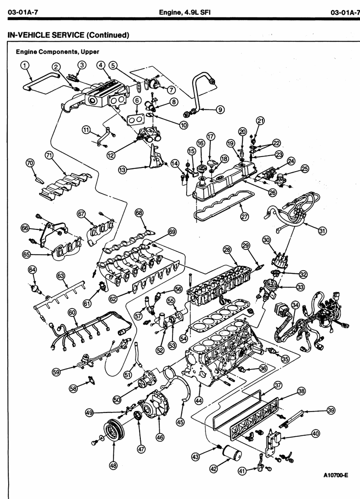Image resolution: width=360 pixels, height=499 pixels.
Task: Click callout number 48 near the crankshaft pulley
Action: [x=113, y=466]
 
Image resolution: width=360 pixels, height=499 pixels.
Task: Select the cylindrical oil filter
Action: [x=233, y=455]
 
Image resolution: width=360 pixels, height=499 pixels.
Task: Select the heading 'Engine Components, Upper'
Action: [x=57, y=52]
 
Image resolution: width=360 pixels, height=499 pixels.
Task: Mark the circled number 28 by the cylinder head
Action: [x=226, y=250]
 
